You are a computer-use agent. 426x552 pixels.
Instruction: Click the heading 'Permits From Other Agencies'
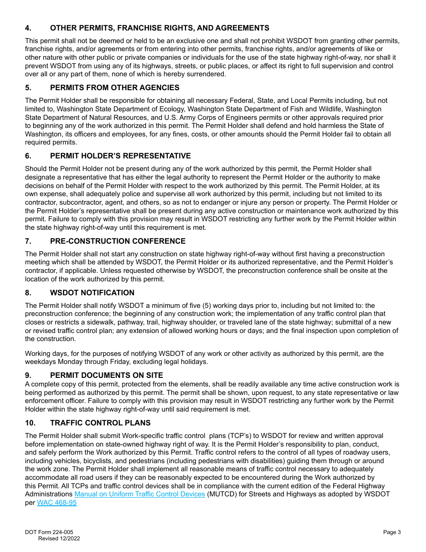point(114,88)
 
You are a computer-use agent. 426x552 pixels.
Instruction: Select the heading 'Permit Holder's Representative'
point(120,156)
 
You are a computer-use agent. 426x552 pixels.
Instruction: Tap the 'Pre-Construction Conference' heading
point(117,241)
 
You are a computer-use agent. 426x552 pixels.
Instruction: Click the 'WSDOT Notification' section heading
point(92,293)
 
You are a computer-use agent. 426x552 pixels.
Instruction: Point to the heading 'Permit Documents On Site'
point(106,375)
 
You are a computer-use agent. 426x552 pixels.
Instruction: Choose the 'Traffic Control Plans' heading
point(100,423)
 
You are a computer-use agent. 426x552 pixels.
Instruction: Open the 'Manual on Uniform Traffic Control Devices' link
point(139,494)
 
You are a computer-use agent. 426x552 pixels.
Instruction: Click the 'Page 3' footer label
point(391,532)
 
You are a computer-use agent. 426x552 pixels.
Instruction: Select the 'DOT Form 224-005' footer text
point(49,532)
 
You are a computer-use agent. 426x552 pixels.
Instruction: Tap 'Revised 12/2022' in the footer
point(59,539)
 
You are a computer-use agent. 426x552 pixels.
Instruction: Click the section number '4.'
point(28,28)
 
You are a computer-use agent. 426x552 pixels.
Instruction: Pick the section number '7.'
point(28,241)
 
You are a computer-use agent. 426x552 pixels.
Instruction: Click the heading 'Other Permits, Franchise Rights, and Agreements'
point(160,28)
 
